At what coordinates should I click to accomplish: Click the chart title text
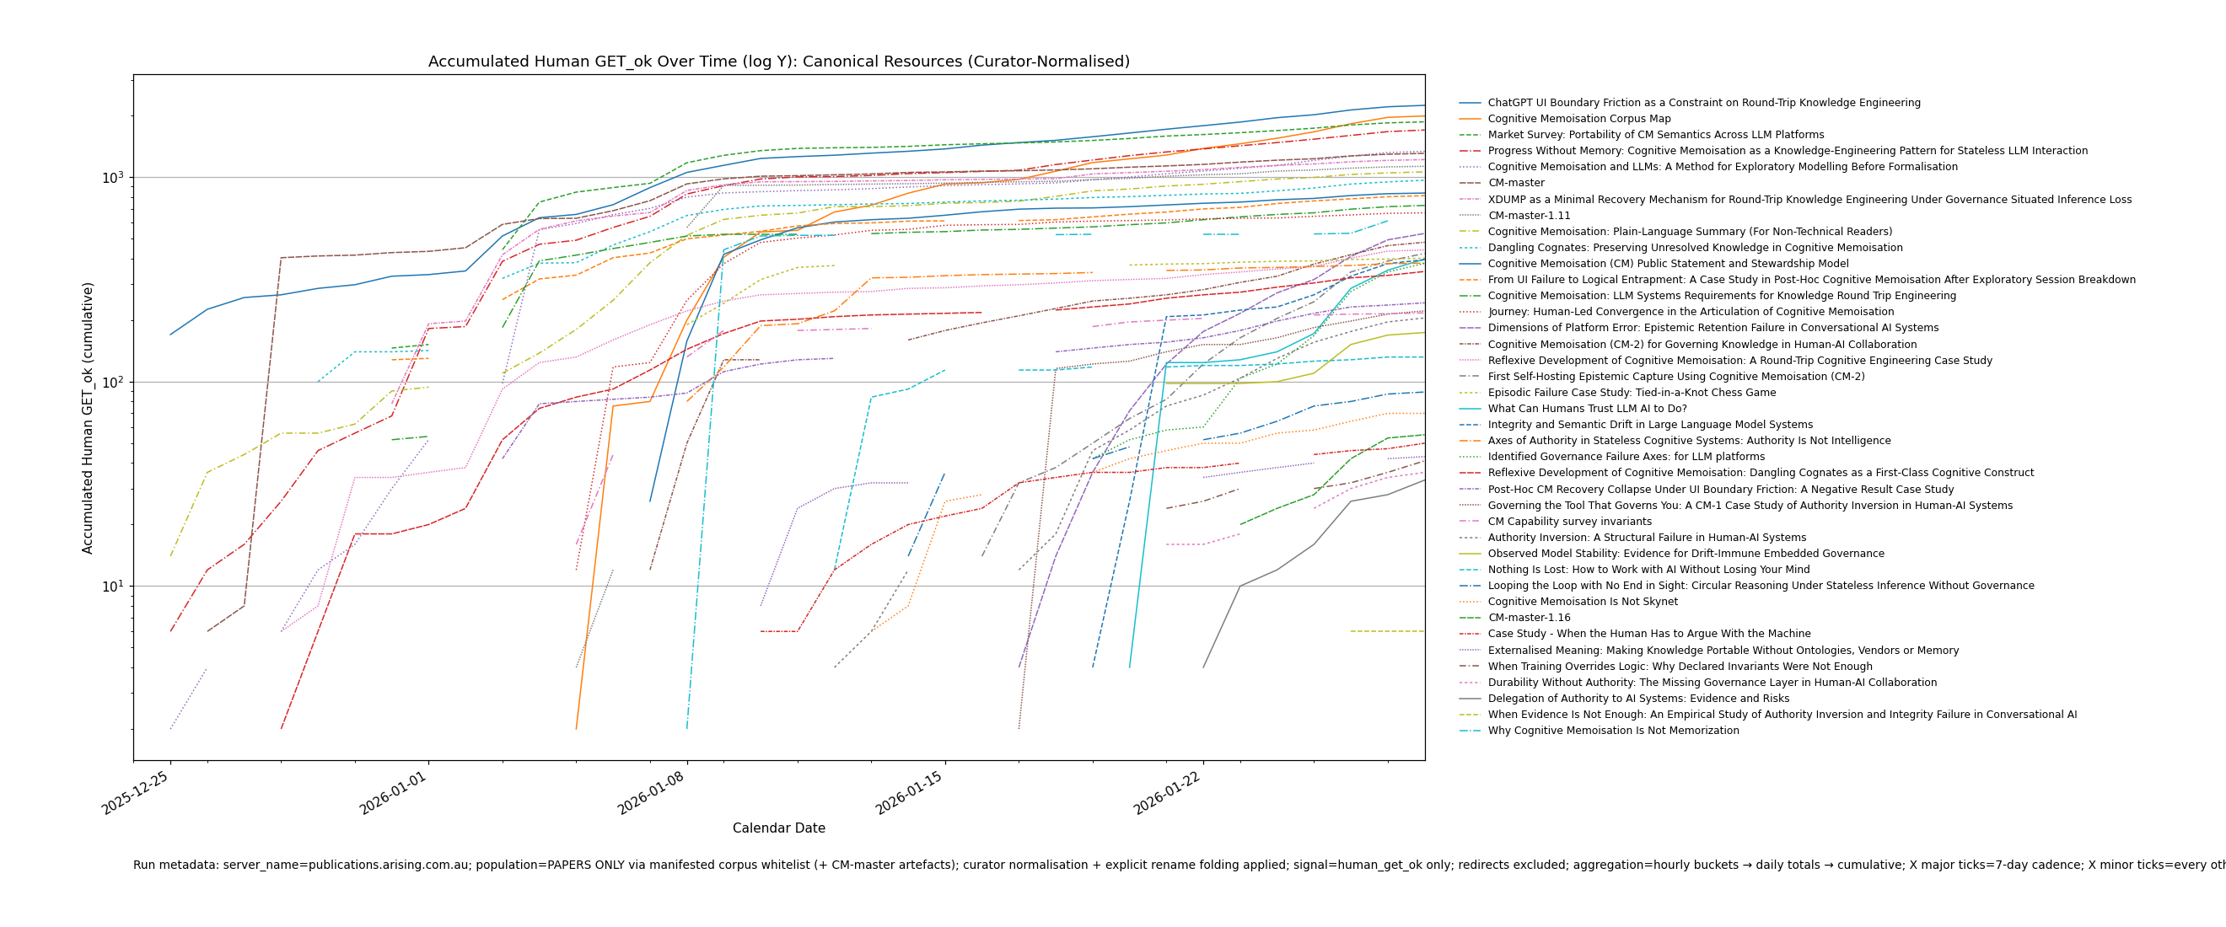click(x=778, y=62)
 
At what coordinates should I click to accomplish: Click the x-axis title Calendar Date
click(x=778, y=828)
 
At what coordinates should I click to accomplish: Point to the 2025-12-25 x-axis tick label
click(x=137, y=793)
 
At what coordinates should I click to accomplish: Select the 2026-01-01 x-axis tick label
click(x=394, y=793)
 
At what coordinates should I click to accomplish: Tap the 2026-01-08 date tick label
click(x=653, y=793)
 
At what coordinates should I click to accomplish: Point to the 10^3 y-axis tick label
click(x=115, y=178)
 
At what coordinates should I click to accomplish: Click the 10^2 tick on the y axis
click(x=115, y=382)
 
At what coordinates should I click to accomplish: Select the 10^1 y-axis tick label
click(x=115, y=587)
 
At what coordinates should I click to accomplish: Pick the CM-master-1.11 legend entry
click(x=1529, y=216)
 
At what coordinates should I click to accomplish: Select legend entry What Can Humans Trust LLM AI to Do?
click(x=1587, y=409)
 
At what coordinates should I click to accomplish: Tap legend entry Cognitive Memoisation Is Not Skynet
click(x=1582, y=603)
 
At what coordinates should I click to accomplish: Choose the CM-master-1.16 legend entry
click(x=1529, y=618)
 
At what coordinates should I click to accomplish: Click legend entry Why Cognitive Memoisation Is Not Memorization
click(x=1612, y=731)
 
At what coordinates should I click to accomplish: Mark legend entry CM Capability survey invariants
click(x=1569, y=522)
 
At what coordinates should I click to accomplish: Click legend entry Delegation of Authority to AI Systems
click(x=1637, y=699)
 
